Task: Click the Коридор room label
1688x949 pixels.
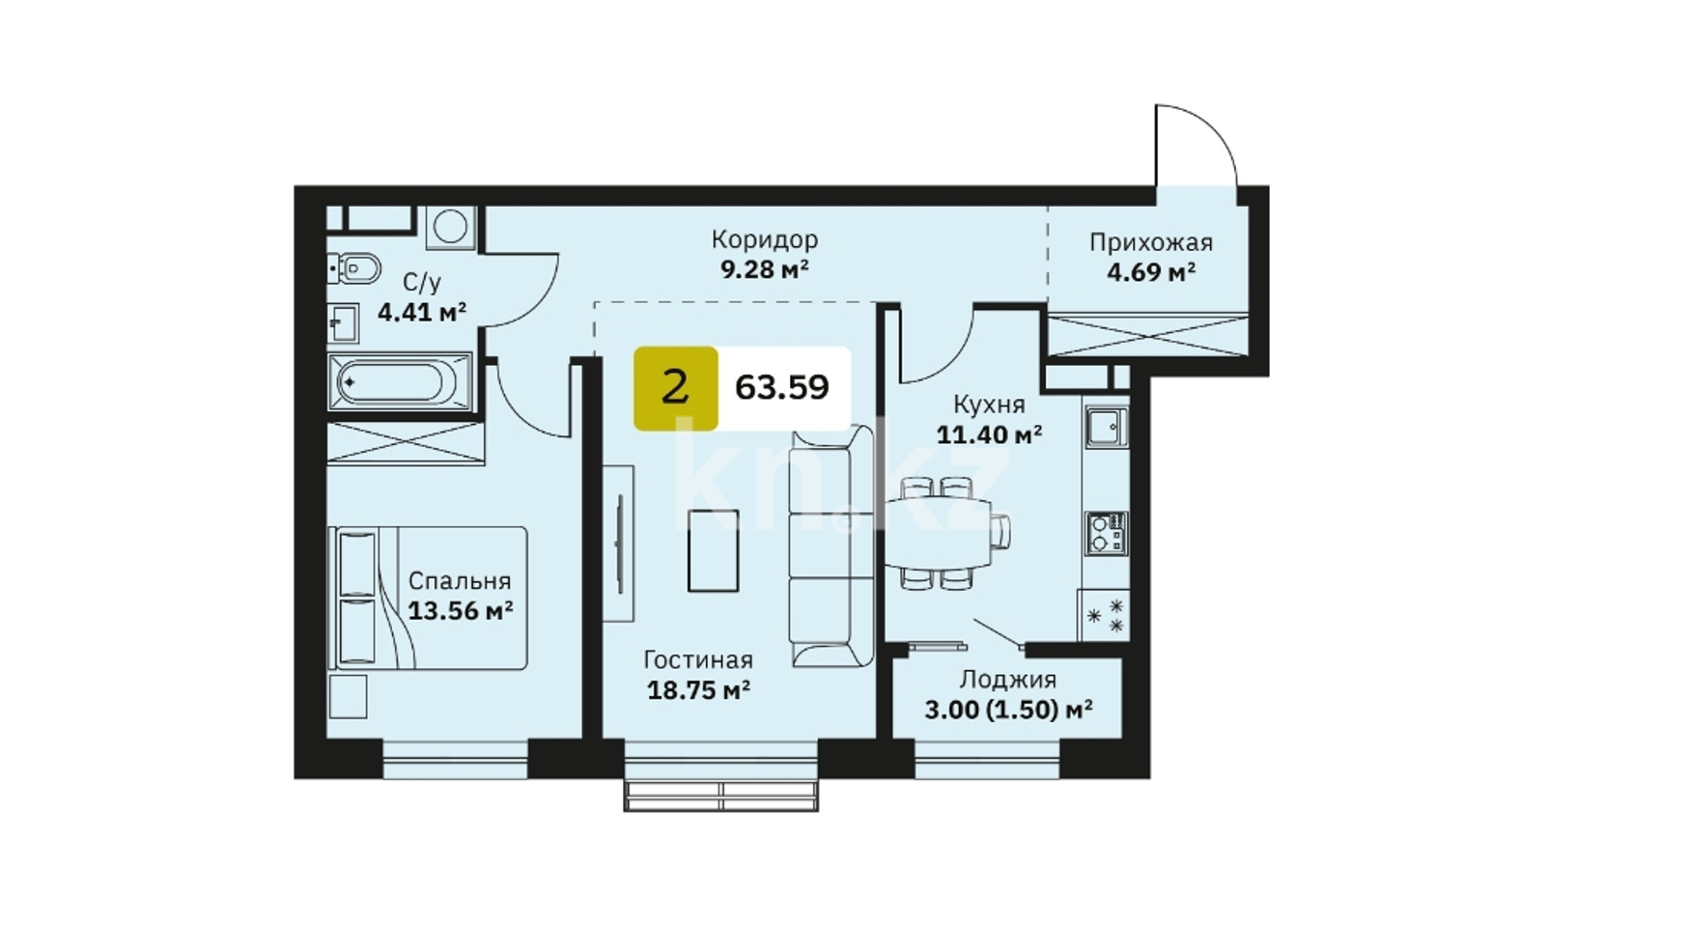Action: [764, 239]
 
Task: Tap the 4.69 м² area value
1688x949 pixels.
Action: [1151, 272]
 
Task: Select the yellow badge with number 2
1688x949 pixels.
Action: [675, 388]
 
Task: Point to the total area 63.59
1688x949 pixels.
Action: [781, 387]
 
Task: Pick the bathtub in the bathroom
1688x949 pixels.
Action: [399, 381]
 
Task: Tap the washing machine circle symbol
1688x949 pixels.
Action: [450, 227]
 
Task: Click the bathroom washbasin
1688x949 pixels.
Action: [343, 322]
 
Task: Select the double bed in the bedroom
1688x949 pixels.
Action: [428, 598]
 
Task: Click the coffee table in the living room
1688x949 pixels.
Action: [713, 550]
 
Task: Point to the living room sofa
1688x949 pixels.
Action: [830, 545]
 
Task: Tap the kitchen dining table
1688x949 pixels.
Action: [939, 533]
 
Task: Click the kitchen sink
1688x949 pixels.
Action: [1106, 426]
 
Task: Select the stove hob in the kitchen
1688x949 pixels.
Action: [1106, 533]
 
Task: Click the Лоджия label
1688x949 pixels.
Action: [1007, 680]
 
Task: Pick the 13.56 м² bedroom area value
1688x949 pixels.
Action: [460, 610]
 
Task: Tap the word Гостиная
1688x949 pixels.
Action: [698, 660]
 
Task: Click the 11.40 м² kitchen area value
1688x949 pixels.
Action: [989, 434]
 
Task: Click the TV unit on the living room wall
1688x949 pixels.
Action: [619, 544]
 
